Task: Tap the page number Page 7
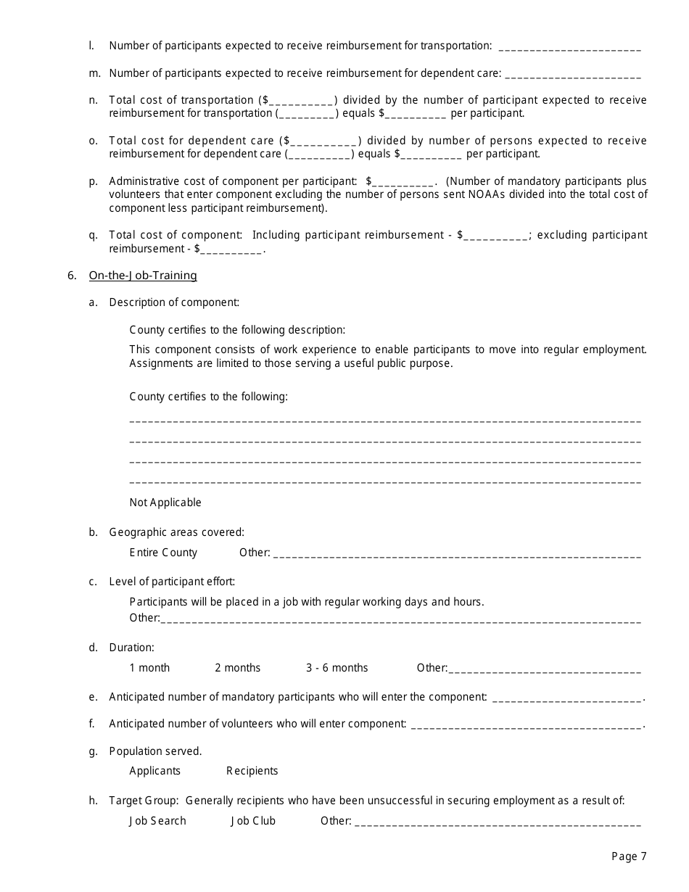[628, 856]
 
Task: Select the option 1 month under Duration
[149, 668]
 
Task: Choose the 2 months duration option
[237, 668]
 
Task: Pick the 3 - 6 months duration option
[337, 668]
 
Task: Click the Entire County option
[163, 553]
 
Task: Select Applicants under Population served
[154, 771]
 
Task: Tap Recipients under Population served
[252, 771]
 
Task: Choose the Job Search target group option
[157, 821]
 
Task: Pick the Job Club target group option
[253, 821]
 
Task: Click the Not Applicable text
[165, 503]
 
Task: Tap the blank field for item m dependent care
[572, 75]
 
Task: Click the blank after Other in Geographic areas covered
[457, 555]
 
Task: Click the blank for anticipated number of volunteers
[526, 725]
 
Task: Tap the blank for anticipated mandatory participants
[566, 698]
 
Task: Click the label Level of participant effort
[172, 582]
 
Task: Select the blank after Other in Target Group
[498, 823]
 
